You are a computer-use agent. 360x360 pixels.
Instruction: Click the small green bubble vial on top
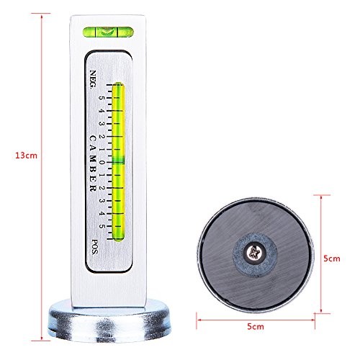pyautogui.click(x=105, y=31)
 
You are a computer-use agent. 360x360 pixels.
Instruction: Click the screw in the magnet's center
pyautogui.click(x=255, y=253)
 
